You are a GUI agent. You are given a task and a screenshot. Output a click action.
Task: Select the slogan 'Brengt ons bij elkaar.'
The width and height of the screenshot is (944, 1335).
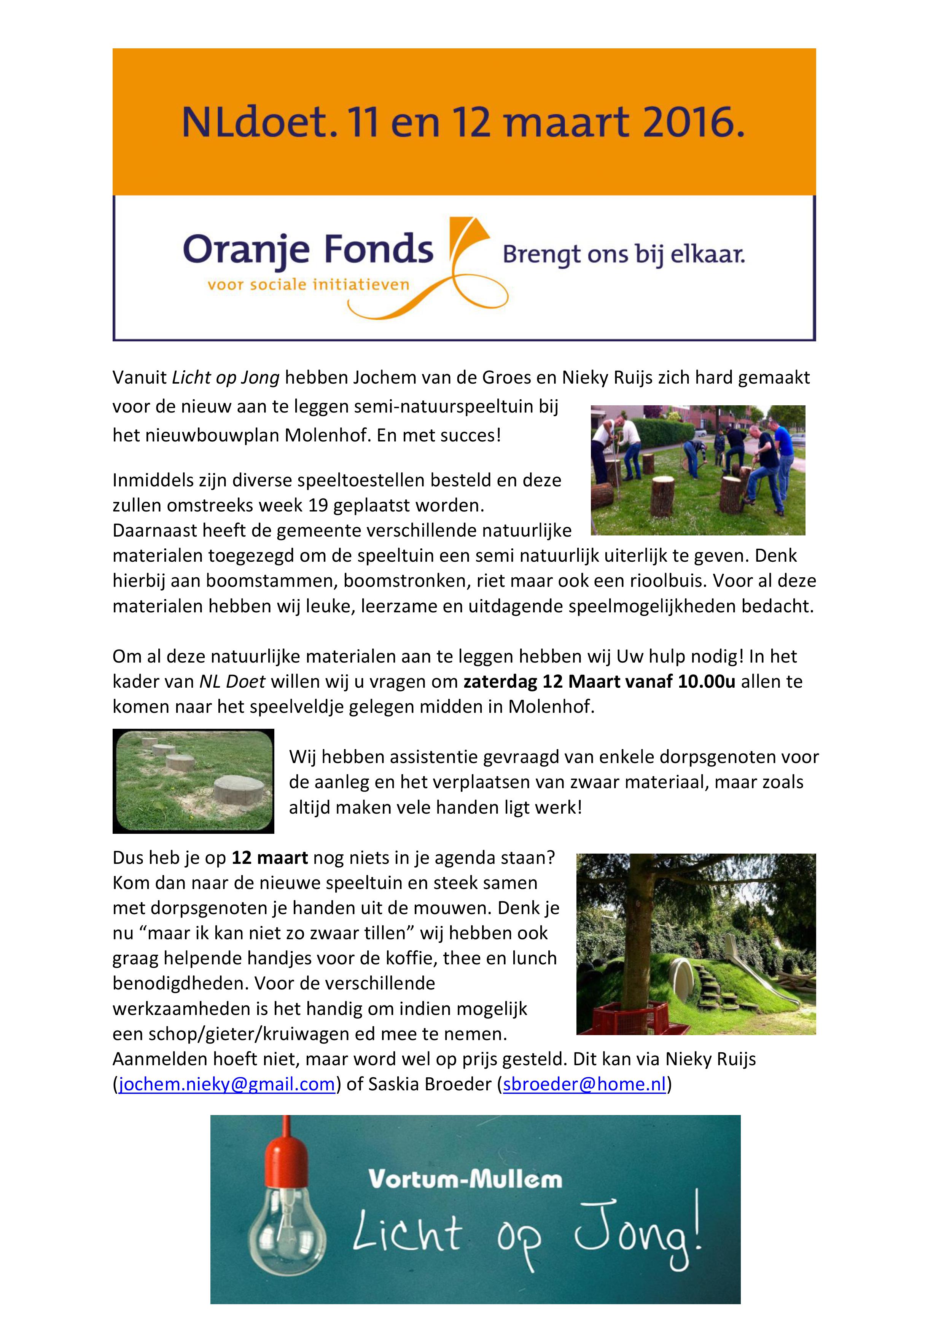pos(623,255)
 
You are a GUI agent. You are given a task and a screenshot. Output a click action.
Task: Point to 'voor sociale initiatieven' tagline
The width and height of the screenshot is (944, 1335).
pos(309,285)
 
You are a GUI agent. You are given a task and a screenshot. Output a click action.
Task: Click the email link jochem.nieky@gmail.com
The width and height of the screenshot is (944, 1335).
pos(227,1084)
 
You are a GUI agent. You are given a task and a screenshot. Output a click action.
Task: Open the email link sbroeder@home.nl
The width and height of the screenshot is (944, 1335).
pos(584,1084)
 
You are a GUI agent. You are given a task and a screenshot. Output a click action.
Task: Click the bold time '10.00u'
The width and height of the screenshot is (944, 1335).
pos(706,682)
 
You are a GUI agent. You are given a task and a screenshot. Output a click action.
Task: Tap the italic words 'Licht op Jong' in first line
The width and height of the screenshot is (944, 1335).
pos(226,378)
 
